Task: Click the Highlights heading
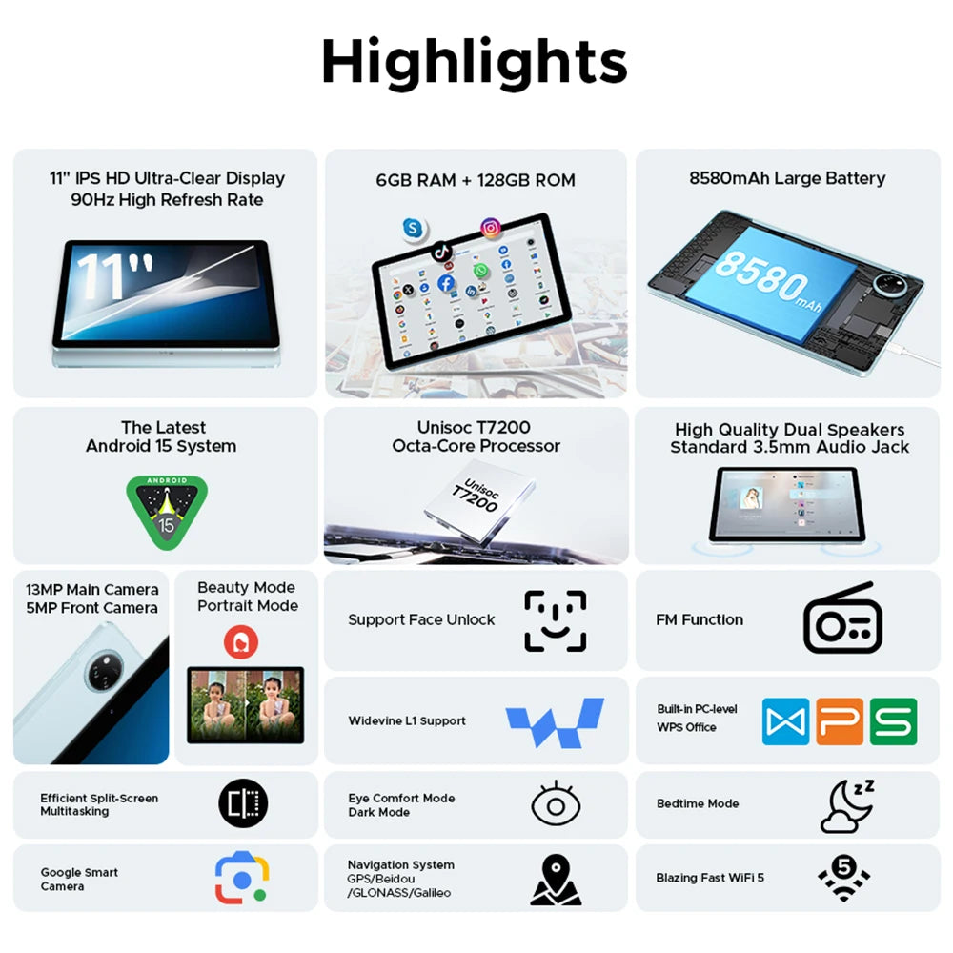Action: pyautogui.click(x=475, y=63)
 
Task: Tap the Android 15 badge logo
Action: pyautogui.click(x=167, y=512)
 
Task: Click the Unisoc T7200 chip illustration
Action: pyautogui.click(x=475, y=497)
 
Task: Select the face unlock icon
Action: pyautogui.click(x=555, y=621)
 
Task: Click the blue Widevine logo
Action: pyautogui.click(x=555, y=721)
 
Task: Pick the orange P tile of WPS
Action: pyautogui.click(x=840, y=721)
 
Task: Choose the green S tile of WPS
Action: pyautogui.click(x=894, y=721)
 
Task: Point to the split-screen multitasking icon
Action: pyautogui.click(x=243, y=803)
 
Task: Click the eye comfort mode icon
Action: pyautogui.click(x=556, y=804)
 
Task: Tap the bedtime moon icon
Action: pyautogui.click(x=846, y=806)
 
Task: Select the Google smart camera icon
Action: pyautogui.click(x=242, y=878)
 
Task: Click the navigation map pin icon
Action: pyautogui.click(x=556, y=879)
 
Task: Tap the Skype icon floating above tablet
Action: pyautogui.click(x=412, y=228)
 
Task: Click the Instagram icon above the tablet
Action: pyautogui.click(x=491, y=228)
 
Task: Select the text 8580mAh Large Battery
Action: pyautogui.click(x=787, y=178)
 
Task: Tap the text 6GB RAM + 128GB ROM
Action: pyautogui.click(x=476, y=180)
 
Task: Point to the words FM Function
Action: pyautogui.click(x=700, y=619)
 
